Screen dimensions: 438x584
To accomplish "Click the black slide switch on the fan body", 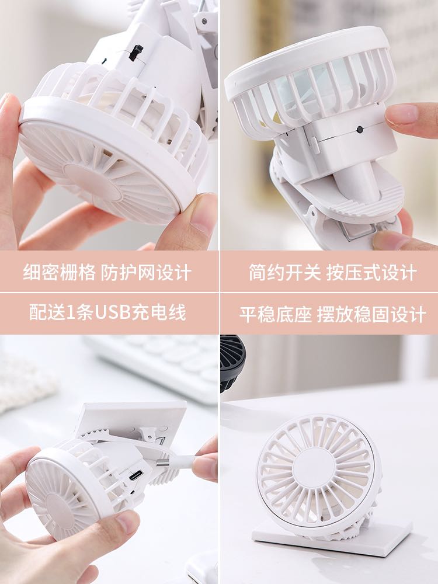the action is [x=136, y=53].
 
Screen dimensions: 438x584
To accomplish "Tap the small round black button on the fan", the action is [x=360, y=130].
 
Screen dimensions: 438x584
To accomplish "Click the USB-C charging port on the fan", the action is [x=135, y=475].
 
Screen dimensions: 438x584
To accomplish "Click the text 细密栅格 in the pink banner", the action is [x=59, y=272].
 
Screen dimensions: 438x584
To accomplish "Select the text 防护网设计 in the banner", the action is [x=146, y=272].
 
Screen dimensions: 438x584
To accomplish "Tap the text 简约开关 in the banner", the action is [x=284, y=272].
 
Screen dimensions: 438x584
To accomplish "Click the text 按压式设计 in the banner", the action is [x=371, y=272].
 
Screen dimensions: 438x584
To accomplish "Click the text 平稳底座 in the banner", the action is [x=275, y=314].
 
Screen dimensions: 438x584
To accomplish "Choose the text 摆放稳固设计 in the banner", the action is [x=371, y=314].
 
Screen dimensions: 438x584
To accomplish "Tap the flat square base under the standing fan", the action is [x=332, y=538].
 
